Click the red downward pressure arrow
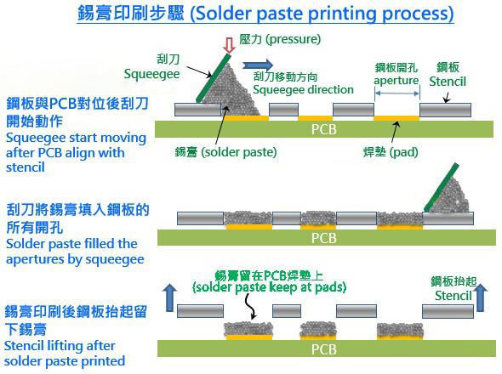[x=229, y=45]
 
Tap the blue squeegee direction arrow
[x=258, y=65]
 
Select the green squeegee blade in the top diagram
[x=214, y=78]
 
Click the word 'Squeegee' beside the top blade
[x=151, y=74]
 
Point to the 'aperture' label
[x=396, y=80]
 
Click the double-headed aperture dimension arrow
[x=397, y=93]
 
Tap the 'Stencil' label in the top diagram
[x=448, y=82]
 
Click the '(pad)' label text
[x=403, y=152]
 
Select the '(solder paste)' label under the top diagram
[x=239, y=152]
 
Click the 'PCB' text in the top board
[x=324, y=129]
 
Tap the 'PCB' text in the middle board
[x=324, y=238]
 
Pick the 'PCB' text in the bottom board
[x=324, y=349]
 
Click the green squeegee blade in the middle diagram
[x=442, y=187]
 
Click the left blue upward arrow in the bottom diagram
[x=169, y=297]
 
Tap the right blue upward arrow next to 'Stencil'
[x=480, y=297]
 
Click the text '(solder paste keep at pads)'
[x=269, y=287]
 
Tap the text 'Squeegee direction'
[x=303, y=89]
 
